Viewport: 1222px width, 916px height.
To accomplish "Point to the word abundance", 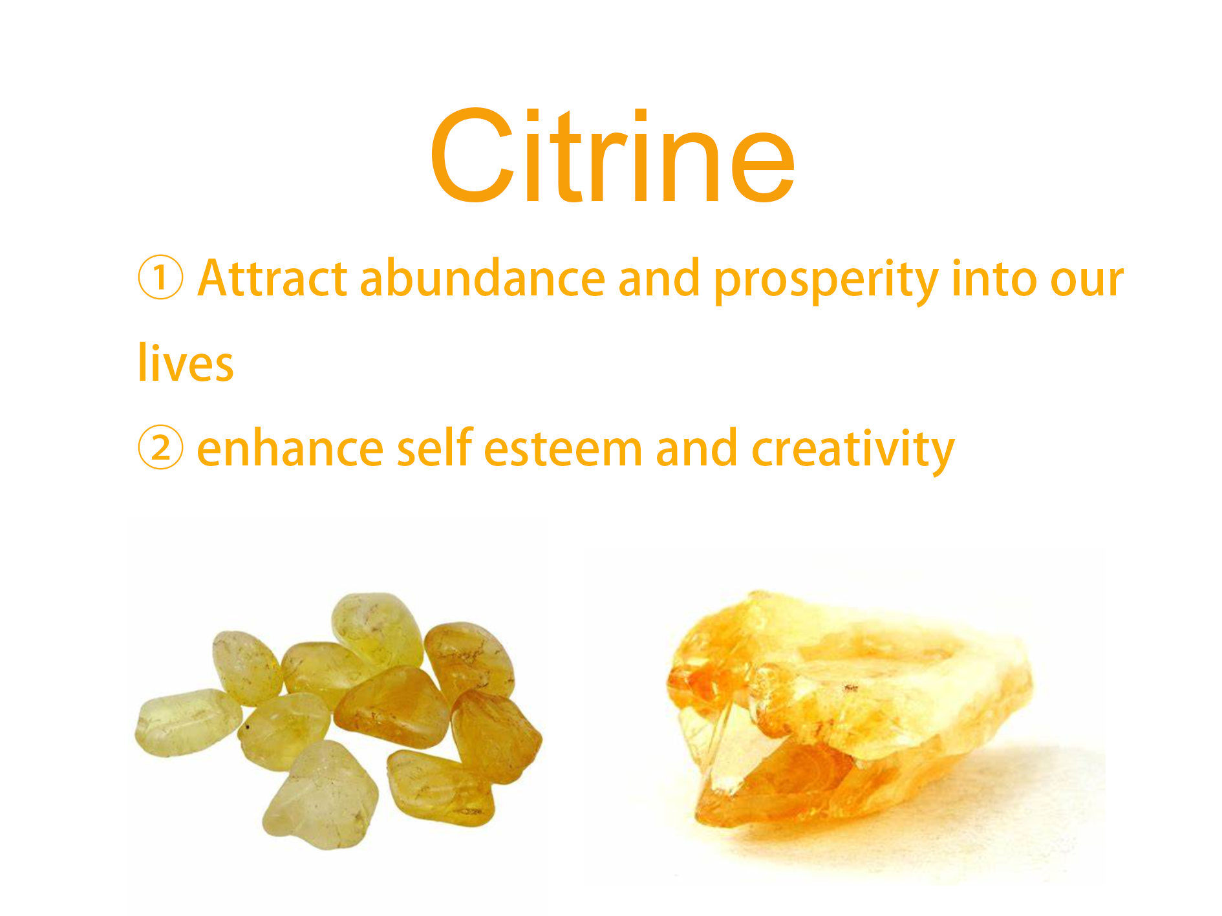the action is (x=482, y=278).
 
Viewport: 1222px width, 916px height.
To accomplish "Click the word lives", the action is (x=186, y=362).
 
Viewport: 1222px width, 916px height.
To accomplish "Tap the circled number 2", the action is (x=160, y=447).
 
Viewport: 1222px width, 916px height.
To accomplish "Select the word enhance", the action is (x=290, y=448).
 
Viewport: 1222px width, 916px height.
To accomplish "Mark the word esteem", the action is (x=563, y=450).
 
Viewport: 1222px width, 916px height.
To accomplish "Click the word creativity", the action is (x=853, y=451).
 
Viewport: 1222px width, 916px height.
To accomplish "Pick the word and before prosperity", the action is (x=659, y=278).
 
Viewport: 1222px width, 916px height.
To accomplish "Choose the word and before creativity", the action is (x=696, y=447).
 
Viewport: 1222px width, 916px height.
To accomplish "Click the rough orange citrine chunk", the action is (x=847, y=708).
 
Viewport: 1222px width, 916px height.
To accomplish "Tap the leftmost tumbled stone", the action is (x=188, y=722).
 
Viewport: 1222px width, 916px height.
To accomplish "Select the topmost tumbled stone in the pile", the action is (x=377, y=630).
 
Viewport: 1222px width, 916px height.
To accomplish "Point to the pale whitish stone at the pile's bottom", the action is (x=320, y=795).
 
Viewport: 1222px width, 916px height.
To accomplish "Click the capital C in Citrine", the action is (x=472, y=156).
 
